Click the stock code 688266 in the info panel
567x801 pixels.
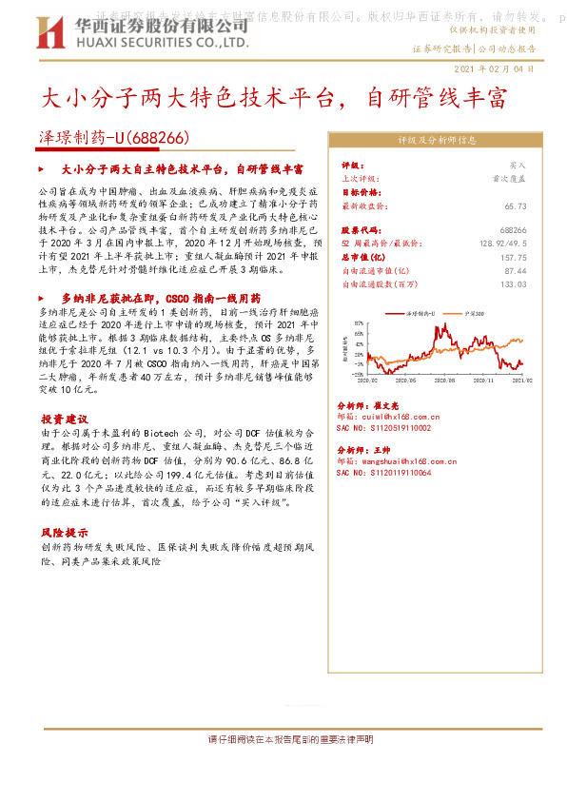click(514, 230)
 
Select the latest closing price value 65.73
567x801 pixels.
click(517, 205)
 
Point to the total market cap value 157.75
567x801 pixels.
click(514, 257)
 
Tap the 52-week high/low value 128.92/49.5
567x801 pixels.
click(502, 244)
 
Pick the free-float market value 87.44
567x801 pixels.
click(517, 270)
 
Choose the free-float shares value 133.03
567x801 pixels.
click(514, 283)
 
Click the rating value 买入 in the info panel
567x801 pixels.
click(518, 165)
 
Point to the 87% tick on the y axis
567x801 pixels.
click(361, 322)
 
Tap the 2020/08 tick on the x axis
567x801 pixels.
click(415, 380)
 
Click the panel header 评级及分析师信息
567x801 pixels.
click(436, 139)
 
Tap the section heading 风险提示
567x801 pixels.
click(65, 533)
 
